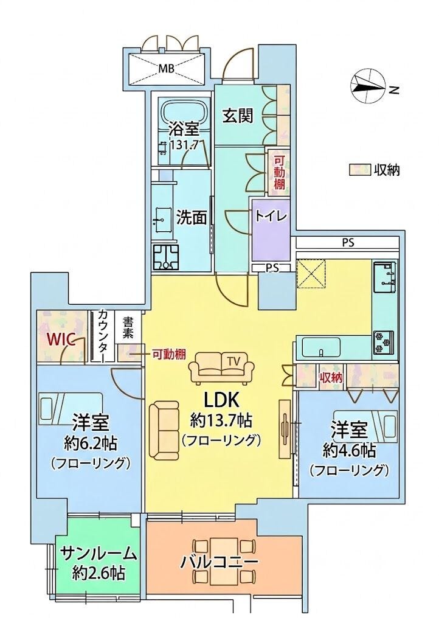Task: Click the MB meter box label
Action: (167, 69)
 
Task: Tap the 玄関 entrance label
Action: (238, 116)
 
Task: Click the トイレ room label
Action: (271, 216)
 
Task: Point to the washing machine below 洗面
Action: (167, 257)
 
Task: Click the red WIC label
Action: (61, 339)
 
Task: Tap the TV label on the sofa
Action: (234, 361)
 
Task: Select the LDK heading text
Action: (221, 400)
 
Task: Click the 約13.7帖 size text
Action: (221, 420)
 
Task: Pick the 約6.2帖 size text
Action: (91, 444)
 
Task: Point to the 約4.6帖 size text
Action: (349, 450)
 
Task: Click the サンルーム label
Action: (99, 554)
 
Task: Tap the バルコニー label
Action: (219, 562)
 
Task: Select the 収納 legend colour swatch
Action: (359, 170)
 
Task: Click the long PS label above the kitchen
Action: (348, 242)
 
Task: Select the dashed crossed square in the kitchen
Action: (311, 273)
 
